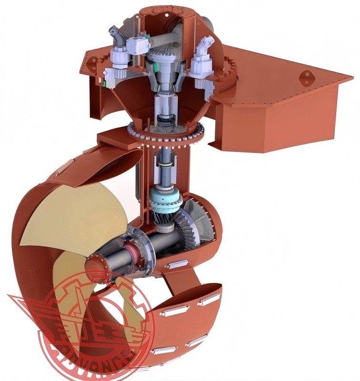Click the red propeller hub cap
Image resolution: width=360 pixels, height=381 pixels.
(94, 263)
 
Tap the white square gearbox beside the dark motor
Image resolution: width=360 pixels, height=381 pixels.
(138, 45)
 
